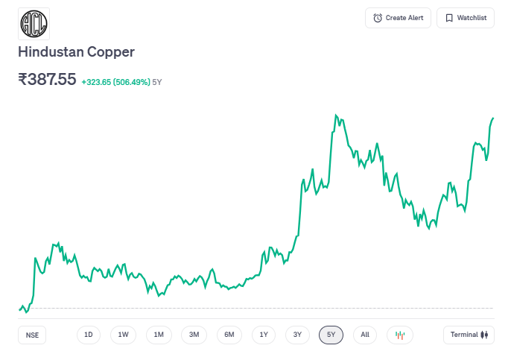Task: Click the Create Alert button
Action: (x=398, y=18)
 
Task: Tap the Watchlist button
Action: (x=466, y=18)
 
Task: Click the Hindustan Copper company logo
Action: (x=34, y=24)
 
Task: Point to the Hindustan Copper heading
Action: (x=76, y=52)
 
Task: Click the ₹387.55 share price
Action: (x=47, y=79)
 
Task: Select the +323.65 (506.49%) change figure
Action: (x=115, y=81)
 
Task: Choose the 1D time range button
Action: (x=88, y=335)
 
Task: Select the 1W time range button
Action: (x=123, y=335)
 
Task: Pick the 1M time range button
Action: (x=159, y=335)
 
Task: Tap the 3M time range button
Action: (x=194, y=335)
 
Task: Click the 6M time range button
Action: (x=229, y=335)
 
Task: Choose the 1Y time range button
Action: (x=264, y=335)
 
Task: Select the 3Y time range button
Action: (x=297, y=335)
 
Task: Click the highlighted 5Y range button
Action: (x=331, y=335)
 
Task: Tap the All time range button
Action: (x=364, y=335)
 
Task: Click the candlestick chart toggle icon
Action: (x=399, y=335)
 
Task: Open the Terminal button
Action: (x=468, y=335)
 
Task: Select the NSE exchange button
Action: (x=32, y=335)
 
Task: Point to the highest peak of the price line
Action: (x=336, y=115)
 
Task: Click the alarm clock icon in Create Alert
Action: (x=378, y=18)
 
